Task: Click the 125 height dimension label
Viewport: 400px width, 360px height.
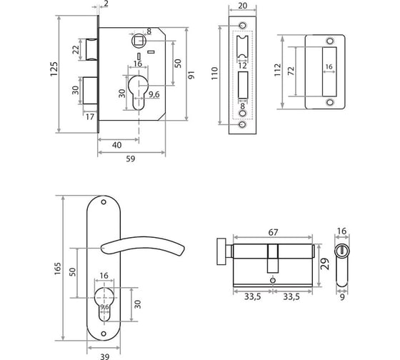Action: click(54, 69)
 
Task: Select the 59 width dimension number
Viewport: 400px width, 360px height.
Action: click(131, 159)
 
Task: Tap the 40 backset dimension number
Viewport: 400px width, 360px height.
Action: click(117, 145)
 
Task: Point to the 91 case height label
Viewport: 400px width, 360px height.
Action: click(191, 75)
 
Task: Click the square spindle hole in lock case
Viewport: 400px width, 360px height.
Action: click(139, 41)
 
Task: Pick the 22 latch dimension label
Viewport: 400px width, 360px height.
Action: click(76, 50)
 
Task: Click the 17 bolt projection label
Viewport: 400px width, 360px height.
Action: click(90, 117)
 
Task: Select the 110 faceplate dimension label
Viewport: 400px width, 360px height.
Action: click(214, 74)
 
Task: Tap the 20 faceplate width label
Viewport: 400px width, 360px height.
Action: click(242, 6)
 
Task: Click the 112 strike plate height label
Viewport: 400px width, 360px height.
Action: click(277, 70)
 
